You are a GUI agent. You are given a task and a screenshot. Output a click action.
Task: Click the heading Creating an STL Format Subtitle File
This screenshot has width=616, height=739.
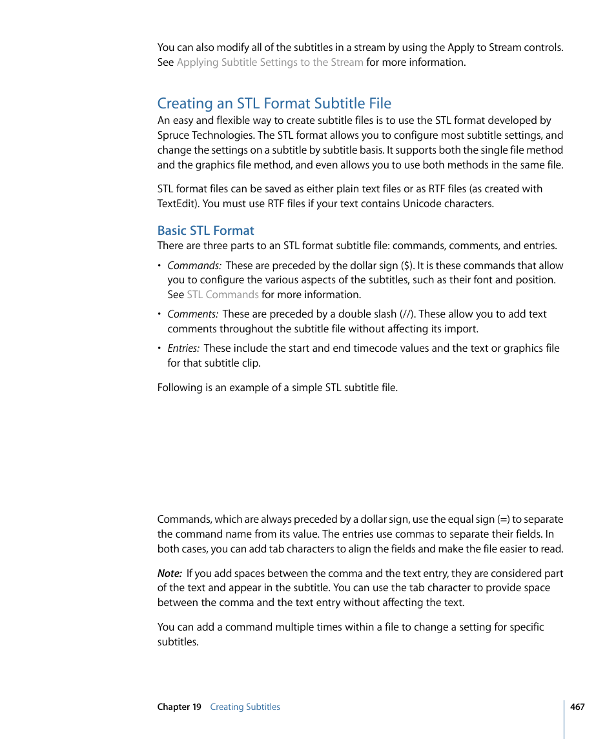[274, 103]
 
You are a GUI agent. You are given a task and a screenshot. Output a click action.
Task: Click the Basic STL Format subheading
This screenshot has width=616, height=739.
[205, 230]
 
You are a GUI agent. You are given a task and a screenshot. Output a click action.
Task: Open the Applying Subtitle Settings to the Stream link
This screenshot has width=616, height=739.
[269, 63]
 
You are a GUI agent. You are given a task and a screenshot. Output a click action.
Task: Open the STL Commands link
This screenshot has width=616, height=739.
[222, 295]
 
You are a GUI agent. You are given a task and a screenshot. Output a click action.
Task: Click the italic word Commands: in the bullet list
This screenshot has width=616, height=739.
[194, 265]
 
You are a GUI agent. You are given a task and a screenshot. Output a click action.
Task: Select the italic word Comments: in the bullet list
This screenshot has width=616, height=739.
[192, 314]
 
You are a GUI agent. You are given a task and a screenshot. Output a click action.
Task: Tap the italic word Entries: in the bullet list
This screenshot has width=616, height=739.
[184, 349]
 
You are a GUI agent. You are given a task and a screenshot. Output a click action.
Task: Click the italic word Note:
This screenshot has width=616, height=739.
[169, 573]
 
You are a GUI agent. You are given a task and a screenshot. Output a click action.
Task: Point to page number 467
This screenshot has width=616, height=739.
[577, 707]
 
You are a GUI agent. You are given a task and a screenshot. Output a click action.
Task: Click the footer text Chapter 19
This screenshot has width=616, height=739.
[179, 707]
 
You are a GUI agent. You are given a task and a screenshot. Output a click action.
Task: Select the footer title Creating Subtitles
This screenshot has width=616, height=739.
[245, 707]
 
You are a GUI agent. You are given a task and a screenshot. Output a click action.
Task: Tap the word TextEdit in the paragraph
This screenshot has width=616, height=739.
[178, 204]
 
